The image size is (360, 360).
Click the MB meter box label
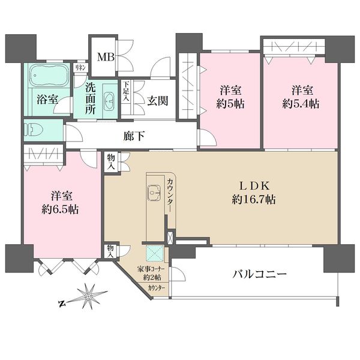tap(106, 57)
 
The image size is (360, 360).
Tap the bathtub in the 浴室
tap(49, 75)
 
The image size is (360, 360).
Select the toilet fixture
tap(35, 130)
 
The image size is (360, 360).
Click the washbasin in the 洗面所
tap(110, 100)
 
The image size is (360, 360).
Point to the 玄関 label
tap(157, 101)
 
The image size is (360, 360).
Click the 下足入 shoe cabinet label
tap(126, 91)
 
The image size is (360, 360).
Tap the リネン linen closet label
tap(80, 67)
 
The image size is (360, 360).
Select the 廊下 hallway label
tap(134, 137)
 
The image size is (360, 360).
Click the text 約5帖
tap(230, 104)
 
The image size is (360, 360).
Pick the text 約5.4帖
tap(301, 104)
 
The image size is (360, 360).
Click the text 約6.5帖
tap(60, 209)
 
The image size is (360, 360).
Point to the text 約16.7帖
tap(254, 200)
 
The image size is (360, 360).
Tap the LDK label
tap(254, 186)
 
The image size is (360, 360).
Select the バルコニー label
tap(260, 274)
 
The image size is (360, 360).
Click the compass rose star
tap(89, 297)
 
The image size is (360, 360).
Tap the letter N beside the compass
tap(61, 304)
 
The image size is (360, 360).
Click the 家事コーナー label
tap(151, 269)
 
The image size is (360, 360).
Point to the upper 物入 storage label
tap(111, 161)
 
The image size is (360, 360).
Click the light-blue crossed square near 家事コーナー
tap(155, 253)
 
